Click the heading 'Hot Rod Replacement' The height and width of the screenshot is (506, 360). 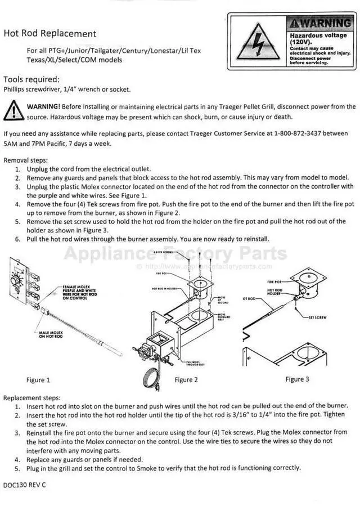[50, 34]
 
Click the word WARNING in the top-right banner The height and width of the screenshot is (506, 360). [320, 24]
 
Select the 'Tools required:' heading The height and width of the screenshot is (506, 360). [31, 79]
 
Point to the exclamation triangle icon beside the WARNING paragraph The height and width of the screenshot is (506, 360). [13, 110]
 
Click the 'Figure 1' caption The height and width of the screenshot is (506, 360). [38, 380]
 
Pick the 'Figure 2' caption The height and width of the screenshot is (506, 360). [186, 380]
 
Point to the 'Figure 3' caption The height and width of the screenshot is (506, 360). [297, 379]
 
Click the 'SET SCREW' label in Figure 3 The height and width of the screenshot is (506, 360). [318, 317]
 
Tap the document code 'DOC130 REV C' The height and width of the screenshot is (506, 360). [25, 485]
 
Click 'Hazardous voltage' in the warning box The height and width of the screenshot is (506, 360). [316, 38]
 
